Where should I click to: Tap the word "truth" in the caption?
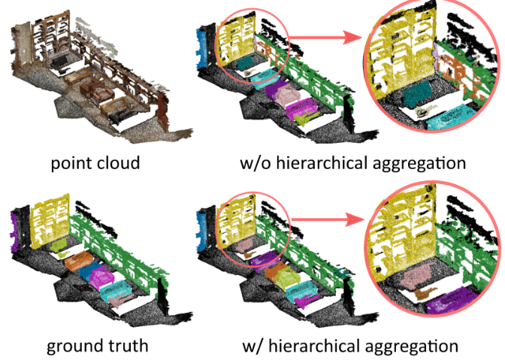coord(124,346)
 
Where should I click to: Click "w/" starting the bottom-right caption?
coord(253,346)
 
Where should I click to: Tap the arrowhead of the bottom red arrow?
coord(350,222)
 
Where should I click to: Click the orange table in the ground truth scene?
coord(76,262)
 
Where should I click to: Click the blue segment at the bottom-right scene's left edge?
coord(199,222)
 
